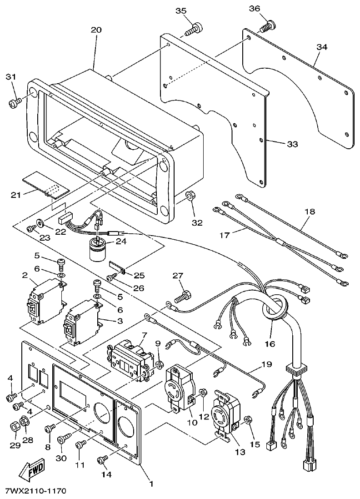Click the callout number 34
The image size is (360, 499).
point(322,47)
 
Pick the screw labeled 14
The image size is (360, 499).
point(103,460)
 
